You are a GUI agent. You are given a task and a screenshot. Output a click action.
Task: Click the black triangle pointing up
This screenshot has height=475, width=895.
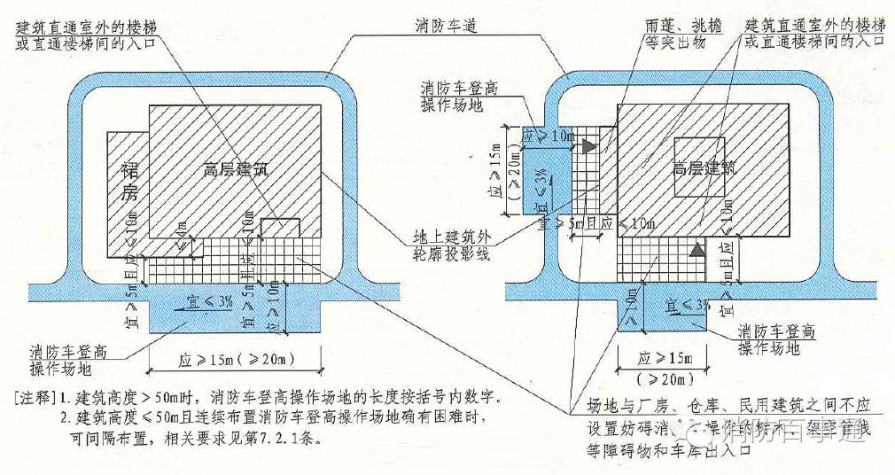coord(697,250)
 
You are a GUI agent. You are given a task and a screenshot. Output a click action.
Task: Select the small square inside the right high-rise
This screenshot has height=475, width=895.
coord(699,167)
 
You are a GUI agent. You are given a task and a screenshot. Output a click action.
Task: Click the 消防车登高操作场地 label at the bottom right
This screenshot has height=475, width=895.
coord(776,340)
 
